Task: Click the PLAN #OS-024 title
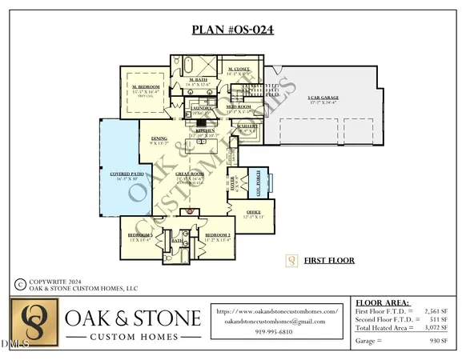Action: pyautogui.click(x=233, y=30)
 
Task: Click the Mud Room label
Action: pyautogui.click(x=236, y=106)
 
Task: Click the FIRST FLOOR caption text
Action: pyautogui.click(x=329, y=260)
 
